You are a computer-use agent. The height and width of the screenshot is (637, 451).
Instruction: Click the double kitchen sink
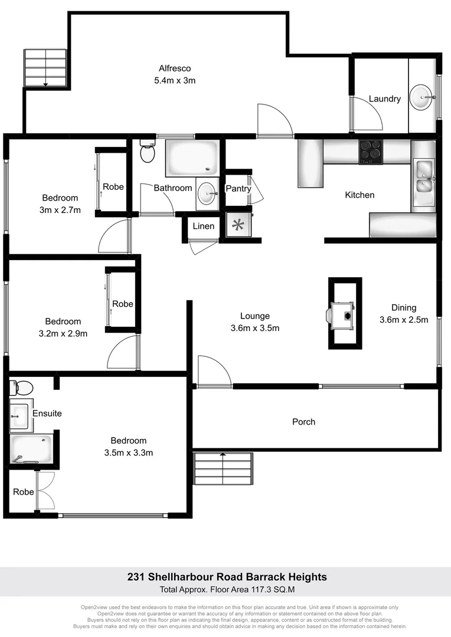[x=423, y=178]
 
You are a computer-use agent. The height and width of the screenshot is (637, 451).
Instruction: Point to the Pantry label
[x=238, y=188]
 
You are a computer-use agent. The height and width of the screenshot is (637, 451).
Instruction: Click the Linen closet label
[x=204, y=226]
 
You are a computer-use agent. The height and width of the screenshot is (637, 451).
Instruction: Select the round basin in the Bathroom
[x=206, y=193]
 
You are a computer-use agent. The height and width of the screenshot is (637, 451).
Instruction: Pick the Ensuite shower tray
[x=30, y=449]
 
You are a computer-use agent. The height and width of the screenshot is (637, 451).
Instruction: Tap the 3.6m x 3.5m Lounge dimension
[x=255, y=329]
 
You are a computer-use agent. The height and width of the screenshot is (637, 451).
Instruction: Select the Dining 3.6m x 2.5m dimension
[x=404, y=320]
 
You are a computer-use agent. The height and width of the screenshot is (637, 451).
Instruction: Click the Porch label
[x=303, y=422]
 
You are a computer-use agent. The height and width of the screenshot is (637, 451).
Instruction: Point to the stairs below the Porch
[x=223, y=469]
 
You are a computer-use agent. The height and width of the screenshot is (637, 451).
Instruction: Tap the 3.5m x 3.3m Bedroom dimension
[x=129, y=453]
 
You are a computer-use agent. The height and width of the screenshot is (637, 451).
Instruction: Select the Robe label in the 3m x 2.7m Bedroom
[x=113, y=187]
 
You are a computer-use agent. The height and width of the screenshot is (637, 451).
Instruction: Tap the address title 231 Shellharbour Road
[x=227, y=577]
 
